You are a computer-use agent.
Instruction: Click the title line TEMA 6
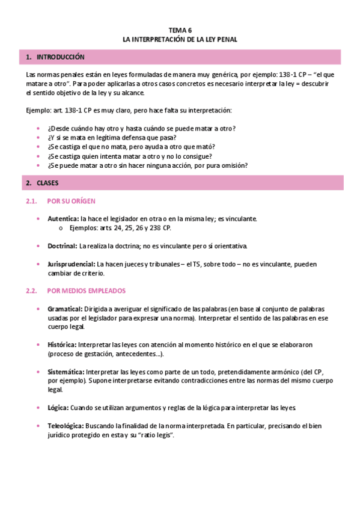click(180, 29)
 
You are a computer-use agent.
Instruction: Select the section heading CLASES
click(47, 182)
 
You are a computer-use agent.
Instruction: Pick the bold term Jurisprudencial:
click(72, 264)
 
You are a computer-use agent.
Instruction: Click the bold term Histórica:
click(62, 345)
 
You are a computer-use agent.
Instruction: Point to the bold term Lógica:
click(58, 408)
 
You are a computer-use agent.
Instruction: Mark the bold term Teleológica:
click(66, 426)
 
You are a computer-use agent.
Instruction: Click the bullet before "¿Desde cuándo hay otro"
click(38, 129)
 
